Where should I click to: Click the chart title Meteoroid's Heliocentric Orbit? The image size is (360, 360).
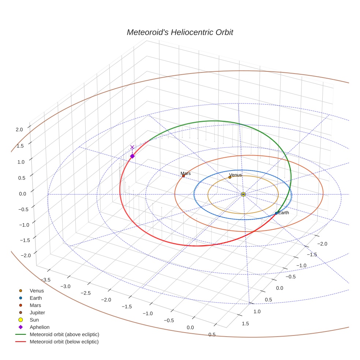pos(180,33)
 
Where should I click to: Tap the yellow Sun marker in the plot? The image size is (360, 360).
pos(243,194)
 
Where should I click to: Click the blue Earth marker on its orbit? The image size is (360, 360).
pos(276,213)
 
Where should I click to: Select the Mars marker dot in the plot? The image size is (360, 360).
pos(184,176)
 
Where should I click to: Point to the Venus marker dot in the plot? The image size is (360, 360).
pos(230,177)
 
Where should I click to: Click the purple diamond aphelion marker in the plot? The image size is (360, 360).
pos(132,156)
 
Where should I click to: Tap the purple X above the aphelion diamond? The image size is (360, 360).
pos(132,147)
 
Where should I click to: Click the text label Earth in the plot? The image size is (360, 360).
pos(284,213)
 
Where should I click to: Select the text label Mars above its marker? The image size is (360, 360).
pos(185,173)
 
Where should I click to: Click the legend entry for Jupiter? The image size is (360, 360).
pos(37,312)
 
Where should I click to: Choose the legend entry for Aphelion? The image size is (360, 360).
pos(40,327)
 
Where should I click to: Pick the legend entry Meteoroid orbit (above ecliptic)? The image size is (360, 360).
pos(64,334)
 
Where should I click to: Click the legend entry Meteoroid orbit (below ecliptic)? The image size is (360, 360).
pos(64,342)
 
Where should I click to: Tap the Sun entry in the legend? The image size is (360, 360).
pos(34,320)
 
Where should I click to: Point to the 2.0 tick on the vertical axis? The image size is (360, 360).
pos(19,130)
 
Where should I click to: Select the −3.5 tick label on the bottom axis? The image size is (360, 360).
pos(45,280)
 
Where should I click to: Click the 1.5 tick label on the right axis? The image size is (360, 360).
pos(245,323)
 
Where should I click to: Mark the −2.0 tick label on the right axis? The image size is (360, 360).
pos(322,244)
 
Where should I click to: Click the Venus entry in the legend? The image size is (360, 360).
pos(37,291)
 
